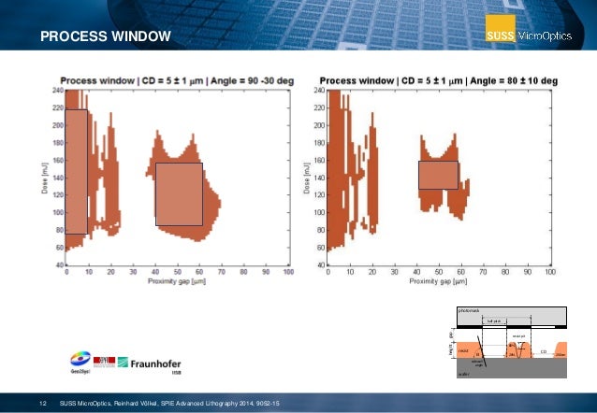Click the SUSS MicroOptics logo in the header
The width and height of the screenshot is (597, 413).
click(x=536, y=36)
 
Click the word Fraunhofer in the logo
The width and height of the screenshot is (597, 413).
click(x=149, y=361)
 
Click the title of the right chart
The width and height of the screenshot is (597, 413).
click(x=439, y=81)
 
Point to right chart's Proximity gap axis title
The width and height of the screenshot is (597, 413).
click(x=438, y=281)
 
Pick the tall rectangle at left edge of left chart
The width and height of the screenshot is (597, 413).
click(x=77, y=172)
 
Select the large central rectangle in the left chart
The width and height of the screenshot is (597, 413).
click(x=179, y=193)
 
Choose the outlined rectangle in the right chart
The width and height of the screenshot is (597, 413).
click(x=438, y=176)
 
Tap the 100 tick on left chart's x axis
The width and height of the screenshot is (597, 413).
click(x=288, y=272)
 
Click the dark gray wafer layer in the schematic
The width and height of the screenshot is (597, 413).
click(x=510, y=369)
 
